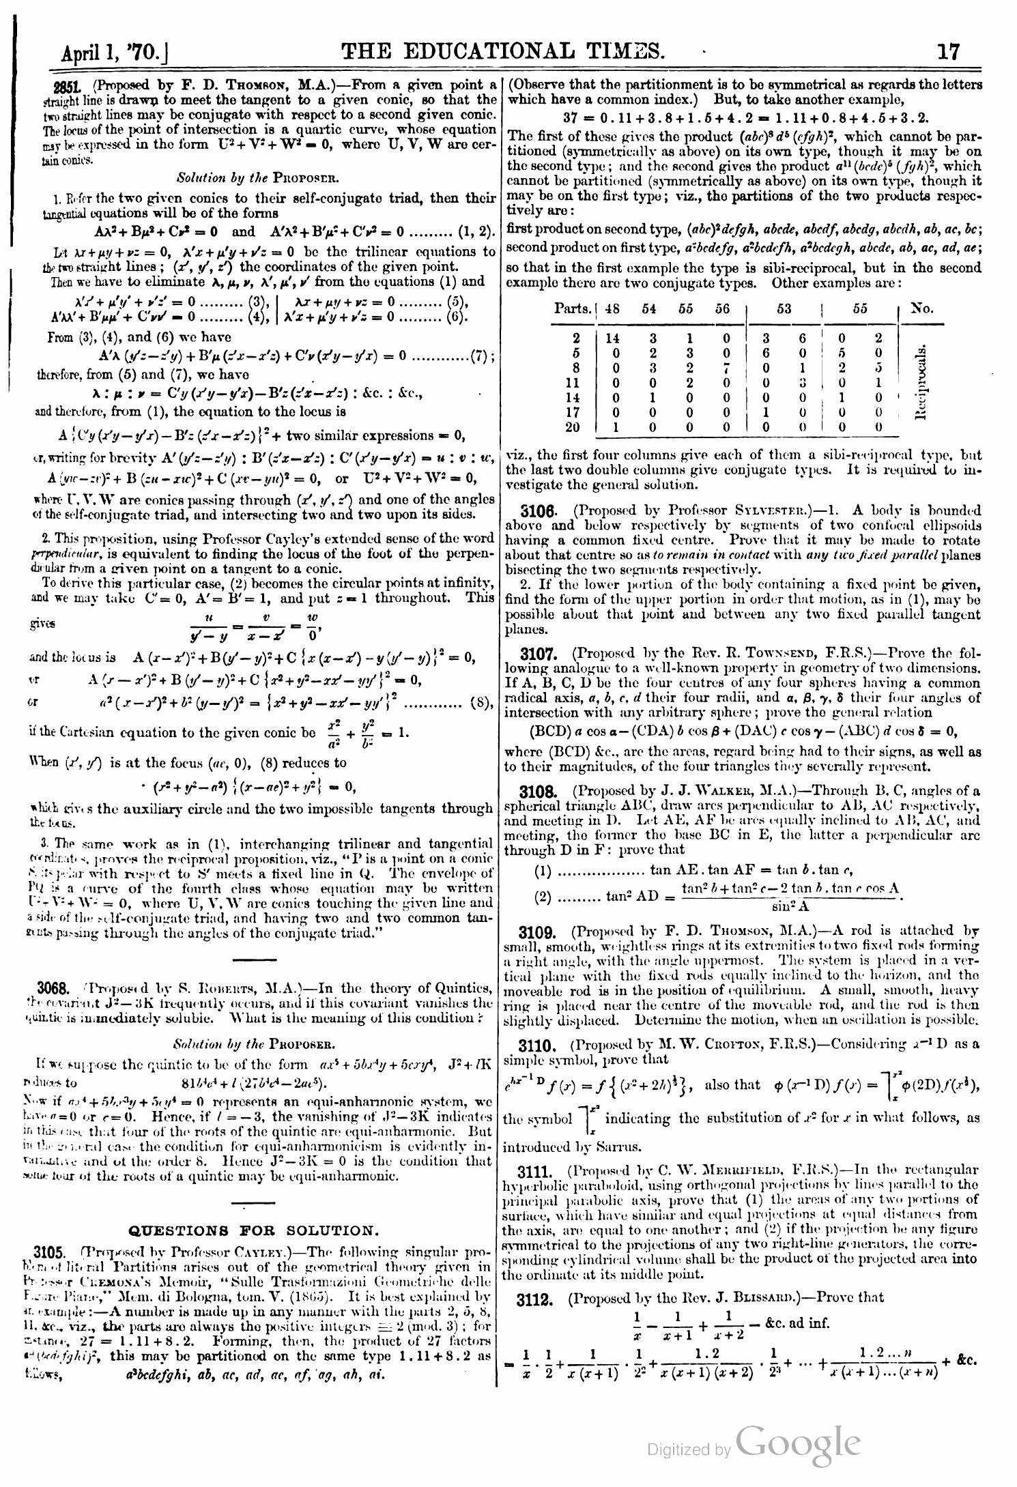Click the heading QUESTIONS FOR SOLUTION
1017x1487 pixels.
coord(253,1230)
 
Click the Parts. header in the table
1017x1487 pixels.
coord(573,308)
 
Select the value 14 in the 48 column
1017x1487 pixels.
coord(612,338)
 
